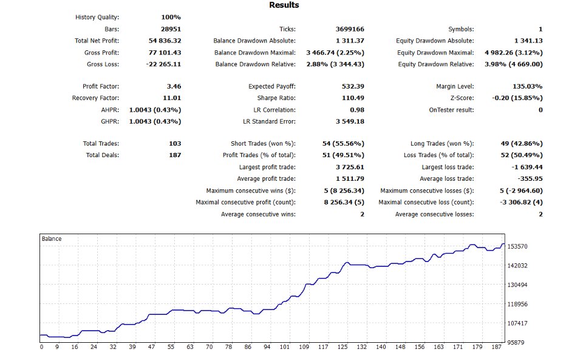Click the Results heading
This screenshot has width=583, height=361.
click(284, 5)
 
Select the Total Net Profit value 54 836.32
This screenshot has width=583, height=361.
click(160, 41)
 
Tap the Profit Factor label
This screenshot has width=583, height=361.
click(101, 87)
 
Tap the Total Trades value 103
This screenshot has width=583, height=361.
click(175, 144)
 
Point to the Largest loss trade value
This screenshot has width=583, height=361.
click(525, 167)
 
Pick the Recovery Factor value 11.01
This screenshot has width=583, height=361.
click(171, 98)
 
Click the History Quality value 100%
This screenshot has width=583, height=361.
click(171, 18)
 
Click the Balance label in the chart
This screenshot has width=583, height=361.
click(52, 239)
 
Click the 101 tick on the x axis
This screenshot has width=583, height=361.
click(284, 348)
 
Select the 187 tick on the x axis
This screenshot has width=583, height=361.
click(496, 348)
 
